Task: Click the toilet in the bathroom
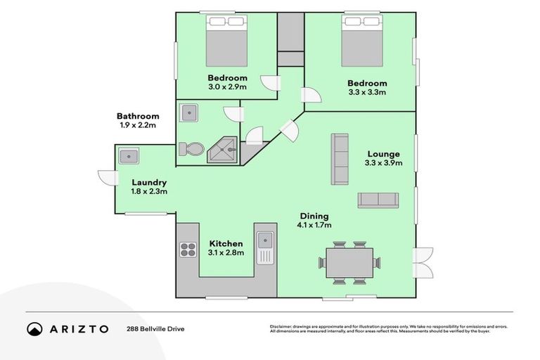tap(191, 148)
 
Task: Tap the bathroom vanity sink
tap(188, 113)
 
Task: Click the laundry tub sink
tap(129, 155)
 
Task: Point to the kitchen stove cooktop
tap(188, 250)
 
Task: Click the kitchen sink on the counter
tap(265, 247)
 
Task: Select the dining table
tap(349, 263)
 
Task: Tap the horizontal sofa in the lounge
tap(378, 200)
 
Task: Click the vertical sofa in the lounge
tap(340, 159)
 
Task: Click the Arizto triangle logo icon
tap(34, 328)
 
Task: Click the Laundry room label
tap(148, 182)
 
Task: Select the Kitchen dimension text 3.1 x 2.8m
tap(226, 252)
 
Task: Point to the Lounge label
tap(382, 154)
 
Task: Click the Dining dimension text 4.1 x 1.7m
tap(313, 225)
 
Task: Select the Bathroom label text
tap(138, 116)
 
